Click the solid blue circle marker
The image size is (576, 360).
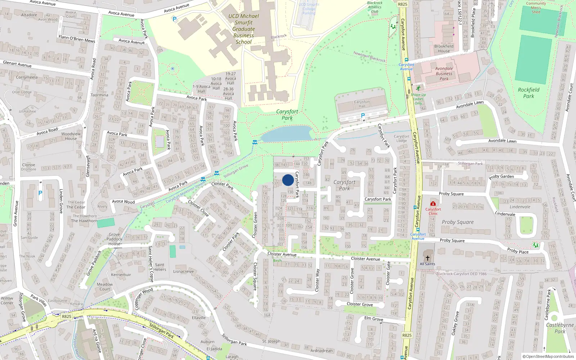click(288, 180)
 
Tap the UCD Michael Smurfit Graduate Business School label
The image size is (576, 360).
click(244, 29)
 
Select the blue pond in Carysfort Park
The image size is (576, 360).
click(287, 134)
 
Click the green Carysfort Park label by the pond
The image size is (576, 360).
click(287, 114)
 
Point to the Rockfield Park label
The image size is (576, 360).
click(528, 93)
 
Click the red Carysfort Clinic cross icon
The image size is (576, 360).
click(433, 204)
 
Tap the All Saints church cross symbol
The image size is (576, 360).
click(428, 258)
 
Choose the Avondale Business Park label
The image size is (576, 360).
click(444, 73)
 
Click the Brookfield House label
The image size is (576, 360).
click(444, 49)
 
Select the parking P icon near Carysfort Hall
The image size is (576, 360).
click(363, 116)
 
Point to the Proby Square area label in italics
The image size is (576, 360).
click(458, 222)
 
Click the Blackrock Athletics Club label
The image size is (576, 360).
click(374, 7)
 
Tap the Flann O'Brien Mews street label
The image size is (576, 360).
click(77, 39)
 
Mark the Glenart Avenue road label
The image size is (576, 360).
click(17, 64)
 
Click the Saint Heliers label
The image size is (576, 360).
click(159, 267)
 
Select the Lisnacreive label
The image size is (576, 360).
click(184, 271)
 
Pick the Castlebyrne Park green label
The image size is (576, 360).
click(560, 328)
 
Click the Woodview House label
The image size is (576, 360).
click(71, 136)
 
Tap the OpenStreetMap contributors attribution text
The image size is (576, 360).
click(548, 357)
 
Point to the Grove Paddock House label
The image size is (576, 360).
click(114, 239)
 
